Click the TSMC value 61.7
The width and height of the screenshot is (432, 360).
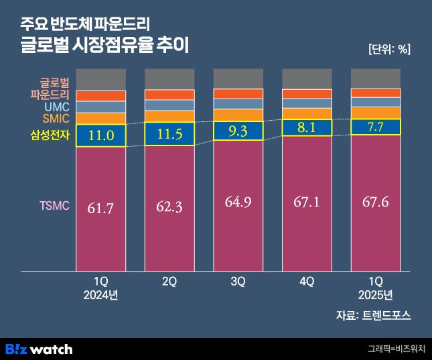(101, 208)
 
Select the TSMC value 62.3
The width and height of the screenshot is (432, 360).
(169, 207)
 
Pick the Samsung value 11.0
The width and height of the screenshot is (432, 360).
(101, 135)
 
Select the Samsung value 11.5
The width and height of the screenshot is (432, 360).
(169, 135)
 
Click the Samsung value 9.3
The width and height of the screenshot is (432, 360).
(238, 131)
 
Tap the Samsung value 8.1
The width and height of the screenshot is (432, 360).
(307, 127)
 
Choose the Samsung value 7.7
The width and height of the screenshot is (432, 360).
(375, 126)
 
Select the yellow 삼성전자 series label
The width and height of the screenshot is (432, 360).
(50, 135)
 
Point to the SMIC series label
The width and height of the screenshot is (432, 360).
(56, 119)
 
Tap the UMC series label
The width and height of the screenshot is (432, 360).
(57, 107)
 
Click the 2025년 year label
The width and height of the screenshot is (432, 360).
(375, 295)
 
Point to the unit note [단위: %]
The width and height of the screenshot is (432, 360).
(389, 49)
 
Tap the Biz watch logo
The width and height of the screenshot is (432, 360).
(39, 349)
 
